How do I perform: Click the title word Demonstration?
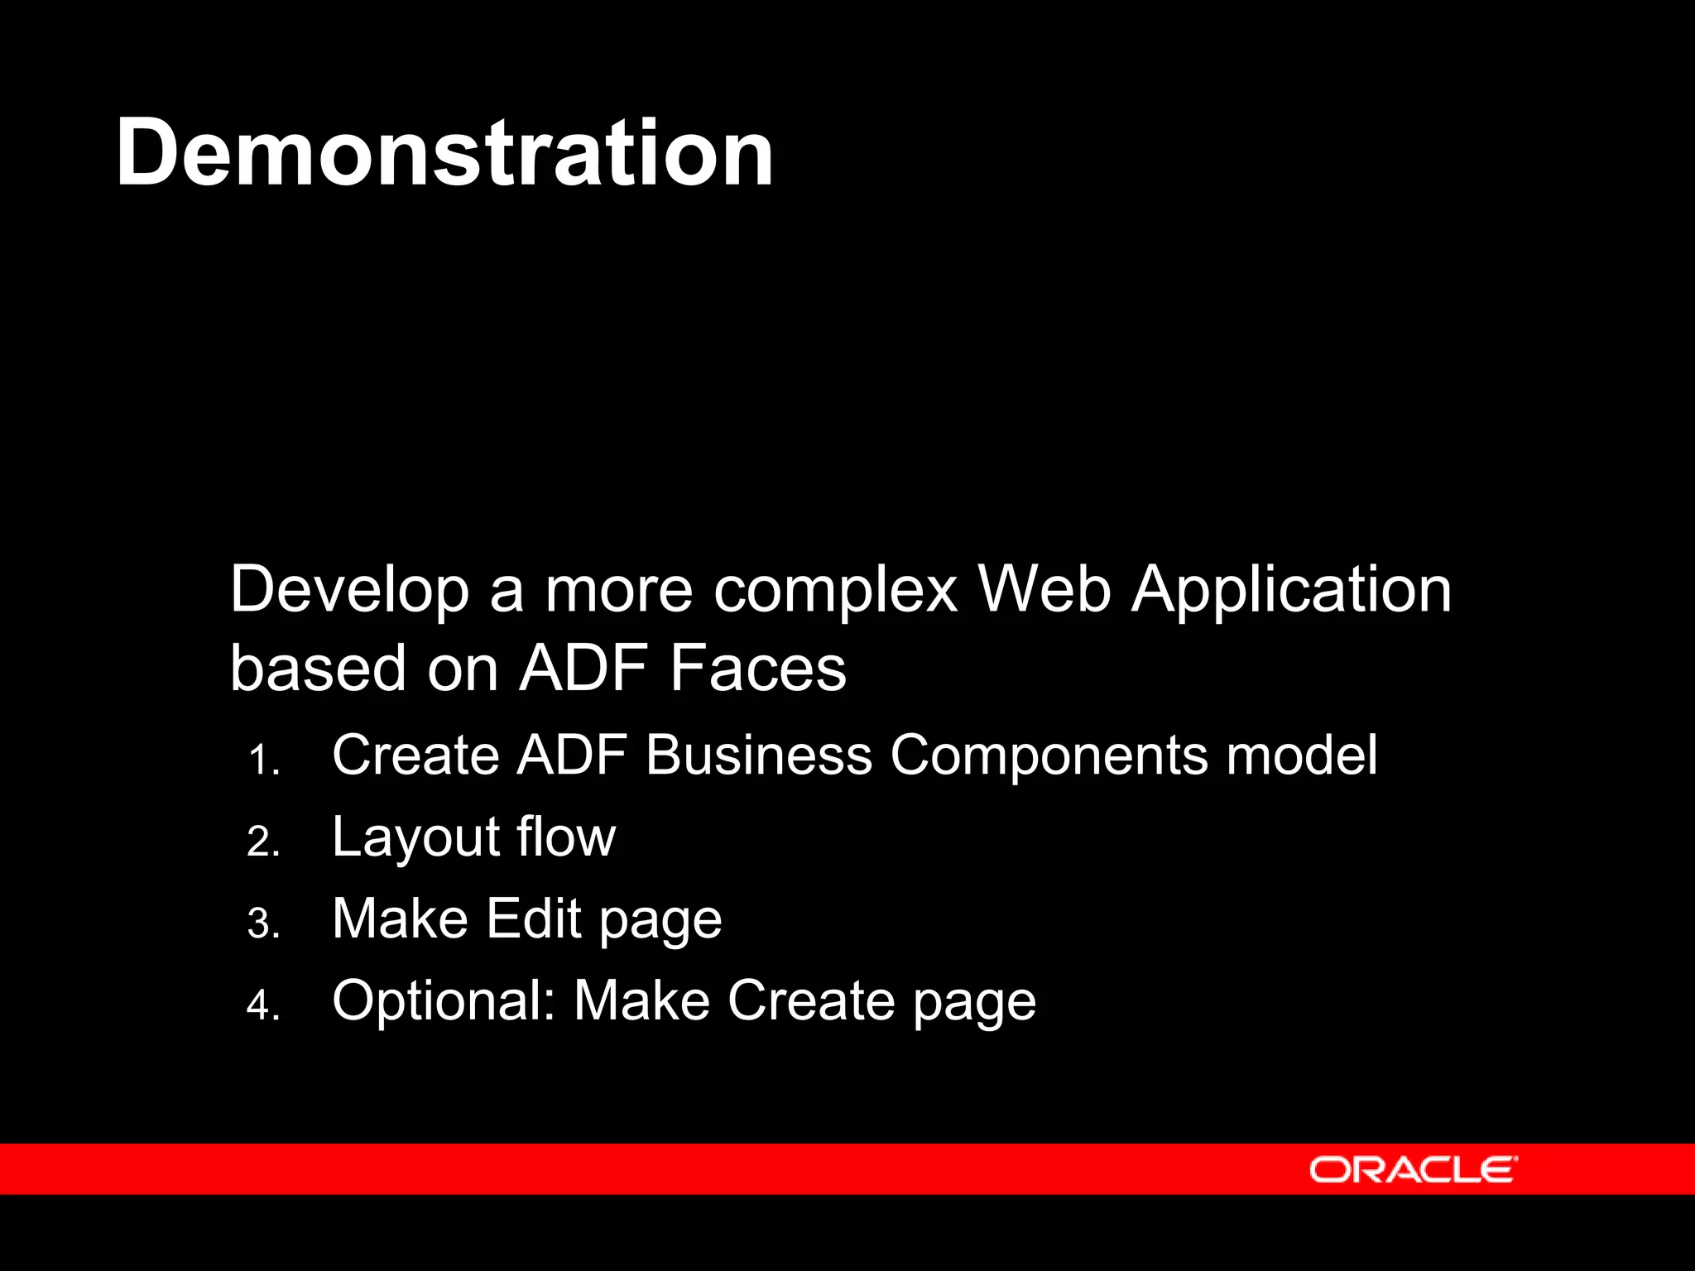click(444, 153)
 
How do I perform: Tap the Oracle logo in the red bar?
click(1413, 1169)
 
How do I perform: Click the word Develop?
click(348, 591)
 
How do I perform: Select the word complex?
click(835, 591)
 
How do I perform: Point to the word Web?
click(1044, 589)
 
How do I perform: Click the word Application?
click(1291, 591)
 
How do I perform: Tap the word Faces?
click(758, 669)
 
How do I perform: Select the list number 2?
click(263, 842)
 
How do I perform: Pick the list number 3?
click(263, 924)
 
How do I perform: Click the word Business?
click(758, 755)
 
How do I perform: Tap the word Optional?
click(444, 1001)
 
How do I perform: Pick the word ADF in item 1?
click(571, 755)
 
